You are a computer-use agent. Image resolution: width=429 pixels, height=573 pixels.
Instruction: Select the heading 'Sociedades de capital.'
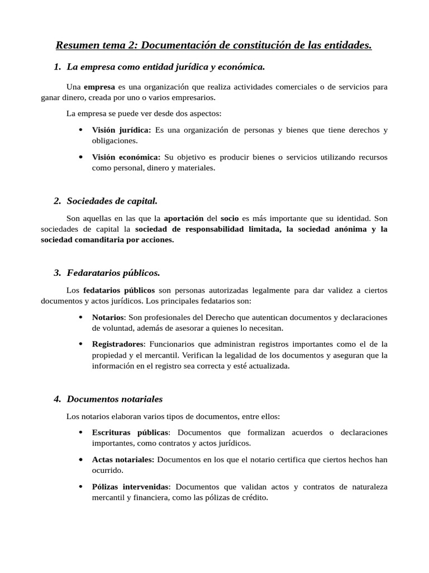(x=112, y=200)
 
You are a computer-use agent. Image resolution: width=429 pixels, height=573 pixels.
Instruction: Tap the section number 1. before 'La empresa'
(x=58, y=67)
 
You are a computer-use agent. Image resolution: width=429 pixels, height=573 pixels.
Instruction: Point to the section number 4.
(x=58, y=399)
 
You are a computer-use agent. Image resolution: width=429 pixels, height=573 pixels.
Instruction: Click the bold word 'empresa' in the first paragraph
(x=99, y=87)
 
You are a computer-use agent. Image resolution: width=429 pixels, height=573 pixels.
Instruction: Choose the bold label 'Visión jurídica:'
(x=121, y=130)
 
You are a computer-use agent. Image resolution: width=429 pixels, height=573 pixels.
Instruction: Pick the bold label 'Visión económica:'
(x=126, y=157)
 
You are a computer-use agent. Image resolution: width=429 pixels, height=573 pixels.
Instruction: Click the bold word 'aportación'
(x=183, y=218)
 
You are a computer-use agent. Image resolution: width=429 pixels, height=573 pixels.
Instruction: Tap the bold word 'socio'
(x=230, y=218)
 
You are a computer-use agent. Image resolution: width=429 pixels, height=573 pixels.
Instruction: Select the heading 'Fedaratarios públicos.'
(x=113, y=273)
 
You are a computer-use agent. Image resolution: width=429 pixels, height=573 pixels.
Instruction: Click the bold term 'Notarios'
(x=107, y=317)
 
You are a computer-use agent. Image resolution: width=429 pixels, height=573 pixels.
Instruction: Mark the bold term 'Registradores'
(x=118, y=344)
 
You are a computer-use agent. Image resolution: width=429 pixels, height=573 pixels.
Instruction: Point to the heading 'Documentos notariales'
(x=115, y=399)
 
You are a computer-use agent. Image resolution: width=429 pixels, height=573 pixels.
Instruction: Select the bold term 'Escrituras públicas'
(x=130, y=433)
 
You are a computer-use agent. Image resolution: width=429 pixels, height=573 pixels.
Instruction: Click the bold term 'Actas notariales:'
(x=123, y=459)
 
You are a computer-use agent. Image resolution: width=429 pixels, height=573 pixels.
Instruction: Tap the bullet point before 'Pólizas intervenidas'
(x=81, y=486)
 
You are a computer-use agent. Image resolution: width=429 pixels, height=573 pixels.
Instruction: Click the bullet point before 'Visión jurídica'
(x=81, y=130)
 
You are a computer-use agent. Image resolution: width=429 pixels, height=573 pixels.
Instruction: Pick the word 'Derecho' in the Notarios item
(x=217, y=317)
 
